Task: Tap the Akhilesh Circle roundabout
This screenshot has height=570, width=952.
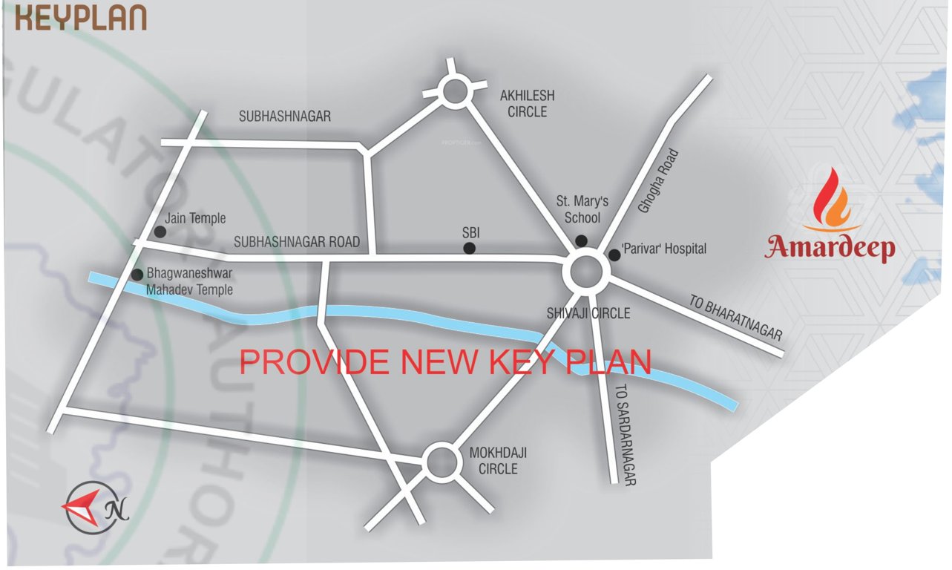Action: point(455,92)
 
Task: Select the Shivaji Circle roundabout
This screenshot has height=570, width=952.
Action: point(586,272)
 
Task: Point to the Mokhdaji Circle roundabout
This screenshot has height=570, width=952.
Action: point(440,462)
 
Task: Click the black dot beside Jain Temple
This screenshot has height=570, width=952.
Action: point(160,232)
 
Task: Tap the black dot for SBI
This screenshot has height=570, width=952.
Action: point(470,249)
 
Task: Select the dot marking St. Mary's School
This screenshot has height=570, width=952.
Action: point(581,240)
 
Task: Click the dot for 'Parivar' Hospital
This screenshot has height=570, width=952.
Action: point(614,255)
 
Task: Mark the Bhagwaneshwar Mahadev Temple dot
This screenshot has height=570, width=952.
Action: point(137,275)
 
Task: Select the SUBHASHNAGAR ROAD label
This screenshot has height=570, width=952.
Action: point(297,242)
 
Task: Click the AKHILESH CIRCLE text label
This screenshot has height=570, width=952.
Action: point(527,104)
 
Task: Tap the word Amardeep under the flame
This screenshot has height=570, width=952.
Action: point(830,247)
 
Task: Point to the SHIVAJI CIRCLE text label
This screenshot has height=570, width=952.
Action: point(588,314)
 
